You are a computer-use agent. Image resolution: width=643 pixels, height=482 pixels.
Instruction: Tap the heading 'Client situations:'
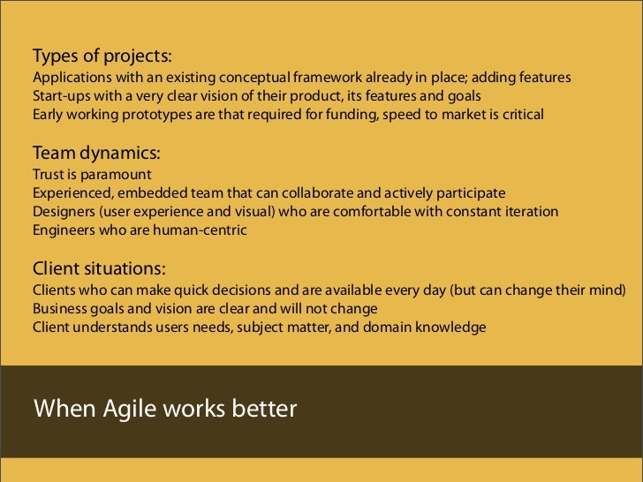pyautogui.click(x=100, y=268)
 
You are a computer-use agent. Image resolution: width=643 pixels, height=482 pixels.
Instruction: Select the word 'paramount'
pyautogui.click(x=116, y=174)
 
